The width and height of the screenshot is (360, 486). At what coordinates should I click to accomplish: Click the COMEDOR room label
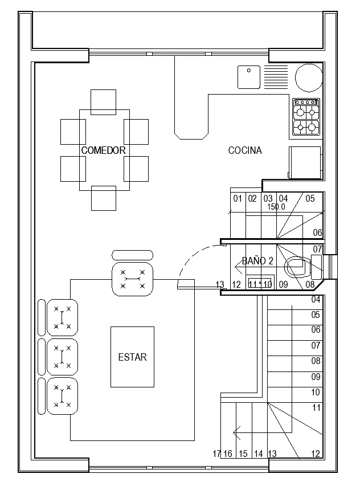click(103, 150)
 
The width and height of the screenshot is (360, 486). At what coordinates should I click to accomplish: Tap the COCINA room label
click(245, 150)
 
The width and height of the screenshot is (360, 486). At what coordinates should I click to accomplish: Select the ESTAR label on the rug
click(132, 357)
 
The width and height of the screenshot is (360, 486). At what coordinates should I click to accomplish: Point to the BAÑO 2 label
click(257, 261)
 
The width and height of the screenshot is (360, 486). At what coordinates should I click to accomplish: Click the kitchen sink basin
click(248, 77)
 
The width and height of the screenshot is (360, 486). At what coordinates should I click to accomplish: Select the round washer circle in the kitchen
click(308, 77)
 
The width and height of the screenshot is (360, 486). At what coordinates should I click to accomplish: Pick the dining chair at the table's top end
click(103, 101)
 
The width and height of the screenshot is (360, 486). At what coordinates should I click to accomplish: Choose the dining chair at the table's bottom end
click(103, 198)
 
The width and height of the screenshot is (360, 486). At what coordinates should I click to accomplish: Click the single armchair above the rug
click(133, 279)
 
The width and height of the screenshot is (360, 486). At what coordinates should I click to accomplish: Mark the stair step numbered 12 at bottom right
click(316, 454)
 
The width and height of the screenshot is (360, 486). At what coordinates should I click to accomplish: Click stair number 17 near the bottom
click(216, 454)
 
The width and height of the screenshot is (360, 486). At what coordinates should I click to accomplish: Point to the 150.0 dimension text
click(276, 207)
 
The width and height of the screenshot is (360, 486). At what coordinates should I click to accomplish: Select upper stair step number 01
click(238, 198)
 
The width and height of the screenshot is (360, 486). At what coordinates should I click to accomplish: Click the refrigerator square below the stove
click(305, 162)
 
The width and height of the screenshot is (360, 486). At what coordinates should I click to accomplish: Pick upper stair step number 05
click(310, 198)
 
